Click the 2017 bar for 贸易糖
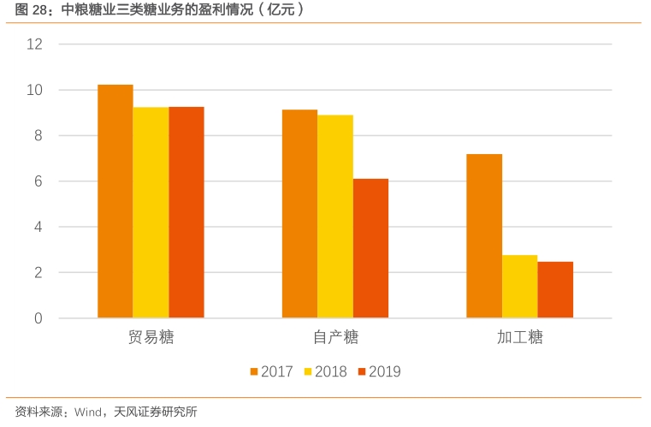click(x=115, y=201)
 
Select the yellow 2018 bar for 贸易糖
click(x=151, y=212)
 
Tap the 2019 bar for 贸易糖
click(x=186, y=212)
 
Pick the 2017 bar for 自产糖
click(x=300, y=214)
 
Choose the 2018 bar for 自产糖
click(x=335, y=216)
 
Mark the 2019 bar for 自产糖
click(x=370, y=248)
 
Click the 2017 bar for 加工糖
click(x=484, y=236)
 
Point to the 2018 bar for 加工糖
click(x=519, y=287)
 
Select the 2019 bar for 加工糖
click(x=555, y=290)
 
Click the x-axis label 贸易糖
click(x=151, y=337)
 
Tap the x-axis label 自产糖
click(x=335, y=337)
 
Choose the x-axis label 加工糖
click(x=520, y=337)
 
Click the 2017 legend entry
click(x=272, y=371)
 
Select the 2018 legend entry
click(x=326, y=371)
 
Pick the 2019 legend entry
click(x=379, y=371)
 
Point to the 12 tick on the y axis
click(x=34, y=44)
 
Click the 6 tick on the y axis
click(x=38, y=181)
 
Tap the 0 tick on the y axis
click(x=38, y=318)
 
